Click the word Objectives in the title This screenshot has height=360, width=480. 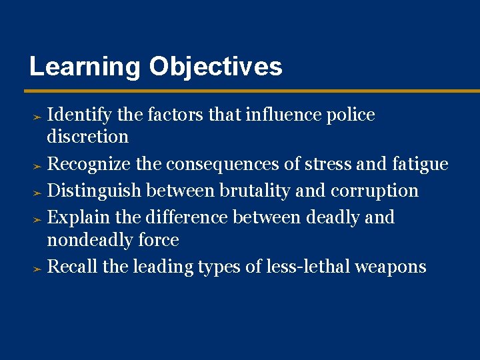tap(216, 67)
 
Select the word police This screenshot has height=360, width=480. tap(351, 115)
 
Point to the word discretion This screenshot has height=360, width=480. tap(88, 137)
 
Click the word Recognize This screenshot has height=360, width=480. tap(89, 164)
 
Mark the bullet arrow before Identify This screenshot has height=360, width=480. tap(38, 116)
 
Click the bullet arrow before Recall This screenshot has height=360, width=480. tap(38, 268)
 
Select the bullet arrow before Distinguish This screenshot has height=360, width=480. tap(38, 192)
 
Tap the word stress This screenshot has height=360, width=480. tap(327, 164)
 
